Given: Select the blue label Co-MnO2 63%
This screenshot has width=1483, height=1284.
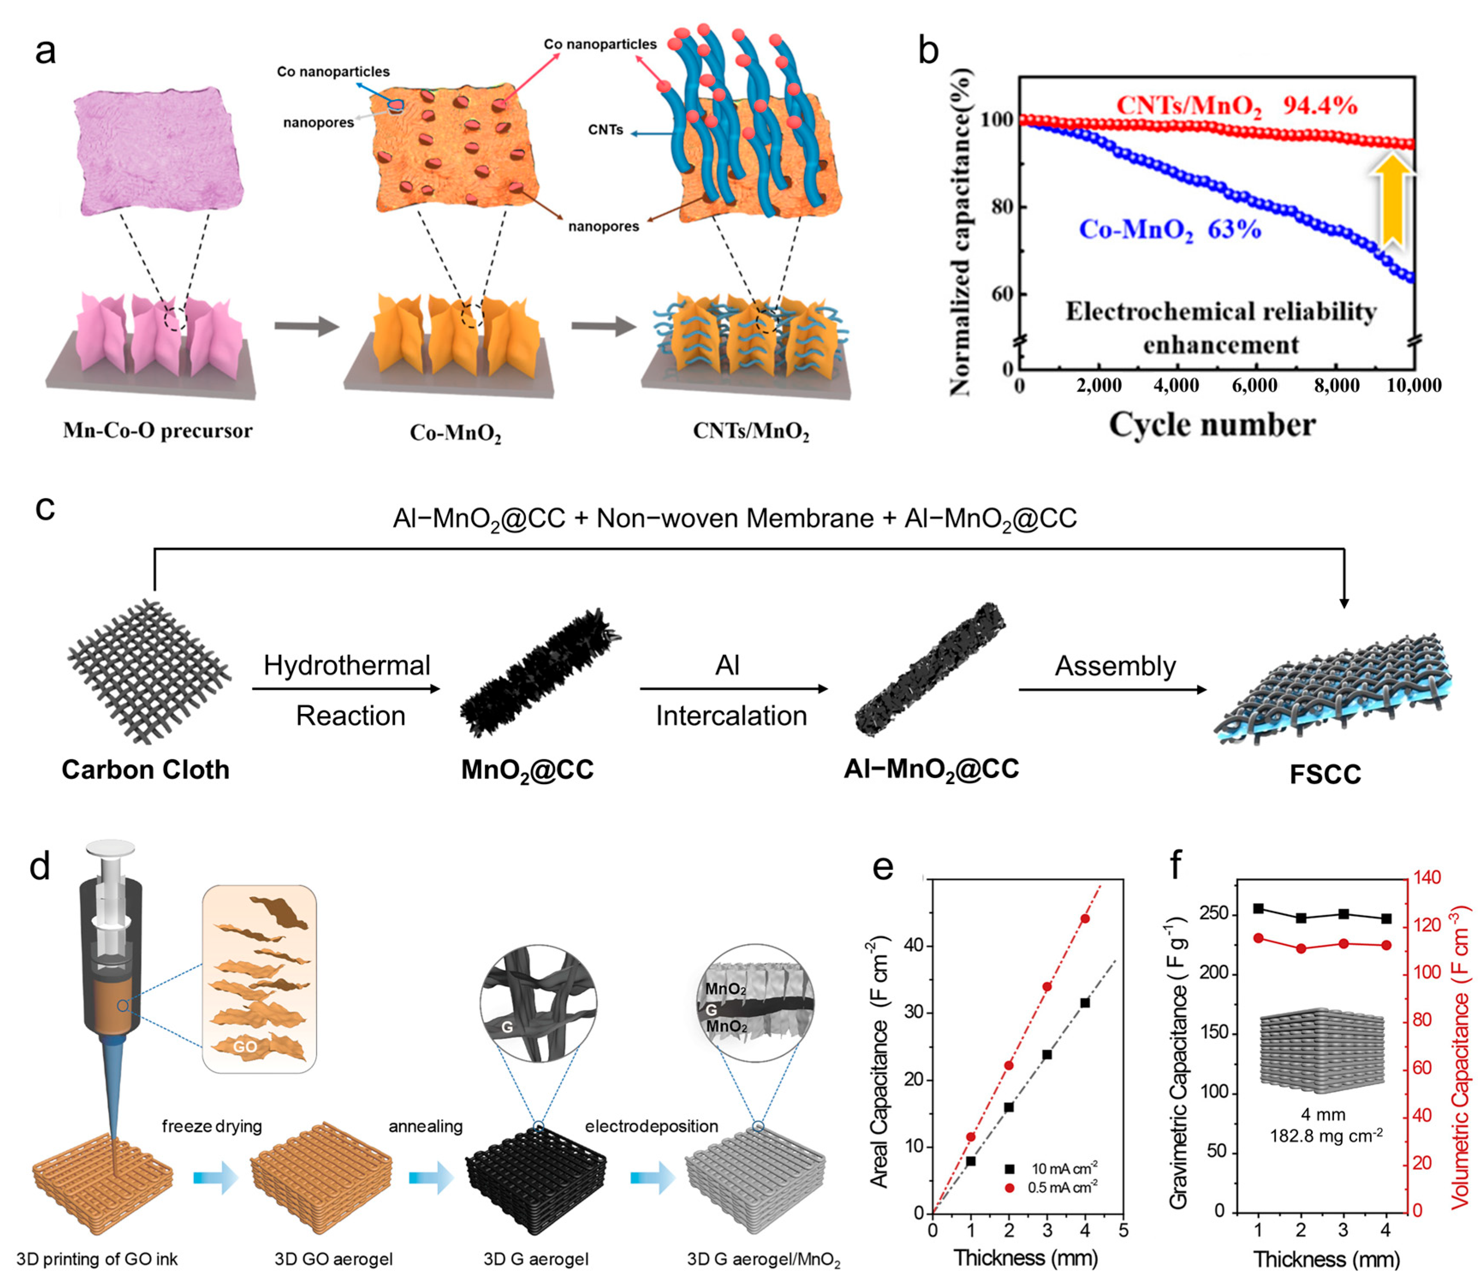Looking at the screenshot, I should tap(1169, 230).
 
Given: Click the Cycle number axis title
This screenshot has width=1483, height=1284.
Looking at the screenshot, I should tap(1212, 425).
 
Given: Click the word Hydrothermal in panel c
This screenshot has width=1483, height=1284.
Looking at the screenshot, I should tap(347, 666).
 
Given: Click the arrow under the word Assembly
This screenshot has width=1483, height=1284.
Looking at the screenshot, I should tap(1112, 690).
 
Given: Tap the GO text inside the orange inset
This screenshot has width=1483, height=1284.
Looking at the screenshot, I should tap(245, 1047).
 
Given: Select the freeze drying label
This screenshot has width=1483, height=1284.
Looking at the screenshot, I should tap(212, 1126).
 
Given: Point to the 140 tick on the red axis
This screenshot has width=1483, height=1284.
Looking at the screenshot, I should tap(1426, 878).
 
